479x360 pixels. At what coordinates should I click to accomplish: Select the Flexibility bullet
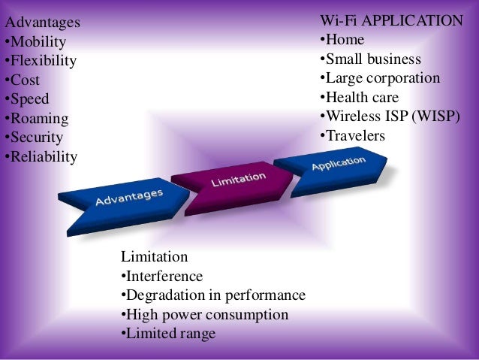(x=41, y=61)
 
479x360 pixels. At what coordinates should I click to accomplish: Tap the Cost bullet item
(x=23, y=80)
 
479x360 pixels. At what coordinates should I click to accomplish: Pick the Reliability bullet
(x=41, y=157)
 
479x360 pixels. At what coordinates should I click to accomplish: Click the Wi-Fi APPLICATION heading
(x=391, y=20)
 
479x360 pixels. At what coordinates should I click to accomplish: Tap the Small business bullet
(x=370, y=59)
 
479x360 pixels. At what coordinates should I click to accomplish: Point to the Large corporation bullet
(x=380, y=78)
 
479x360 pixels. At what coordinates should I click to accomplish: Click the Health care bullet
(x=359, y=98)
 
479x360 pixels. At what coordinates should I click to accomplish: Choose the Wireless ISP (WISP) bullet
(x=390, y=116)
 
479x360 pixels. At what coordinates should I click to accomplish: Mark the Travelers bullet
(x=352, y=136)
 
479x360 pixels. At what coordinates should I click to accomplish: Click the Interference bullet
(x=161, y=276)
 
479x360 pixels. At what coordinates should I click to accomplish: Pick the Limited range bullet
(x=168, y=334)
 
